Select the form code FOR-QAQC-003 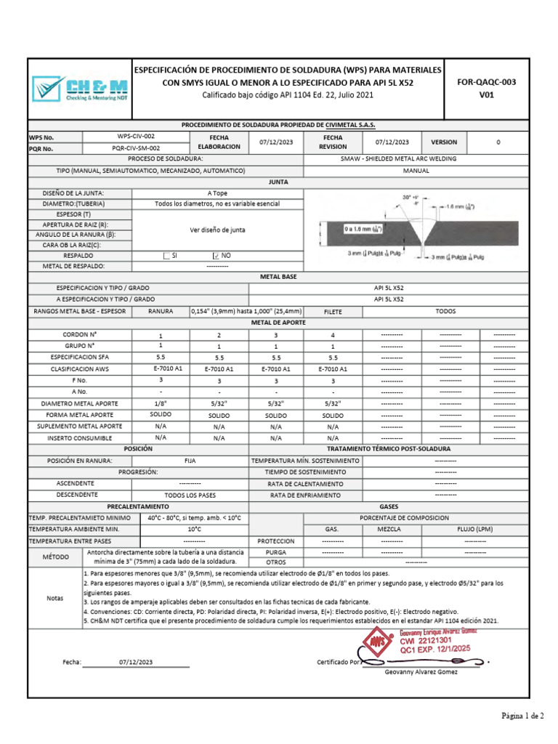486,82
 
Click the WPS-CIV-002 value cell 136,136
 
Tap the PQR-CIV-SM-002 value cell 136,148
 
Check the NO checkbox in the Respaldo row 215,256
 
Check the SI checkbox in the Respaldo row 166,256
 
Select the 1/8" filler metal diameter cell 161,403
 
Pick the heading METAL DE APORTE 278,321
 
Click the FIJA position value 190,461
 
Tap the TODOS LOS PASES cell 190,494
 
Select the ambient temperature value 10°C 190,529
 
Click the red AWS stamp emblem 376,643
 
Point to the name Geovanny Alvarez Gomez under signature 421,671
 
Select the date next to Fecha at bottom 136,662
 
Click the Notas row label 55,597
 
